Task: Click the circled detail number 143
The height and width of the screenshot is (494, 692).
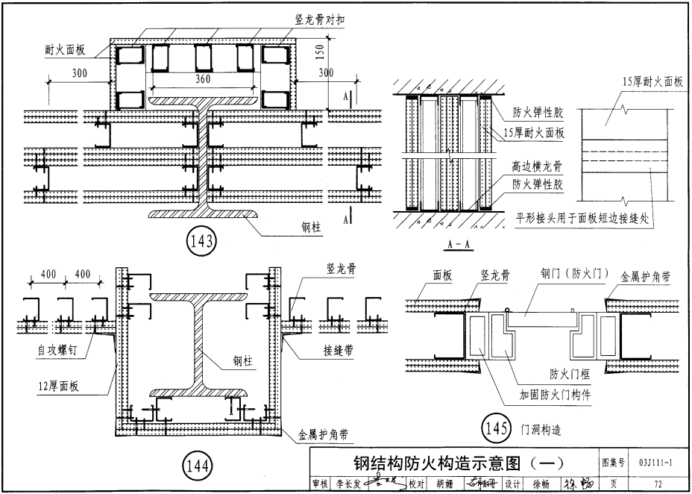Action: coord(202,241)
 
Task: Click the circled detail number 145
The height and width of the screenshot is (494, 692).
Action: coord(496,428)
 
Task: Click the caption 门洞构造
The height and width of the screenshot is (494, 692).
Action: coord(541,429)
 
